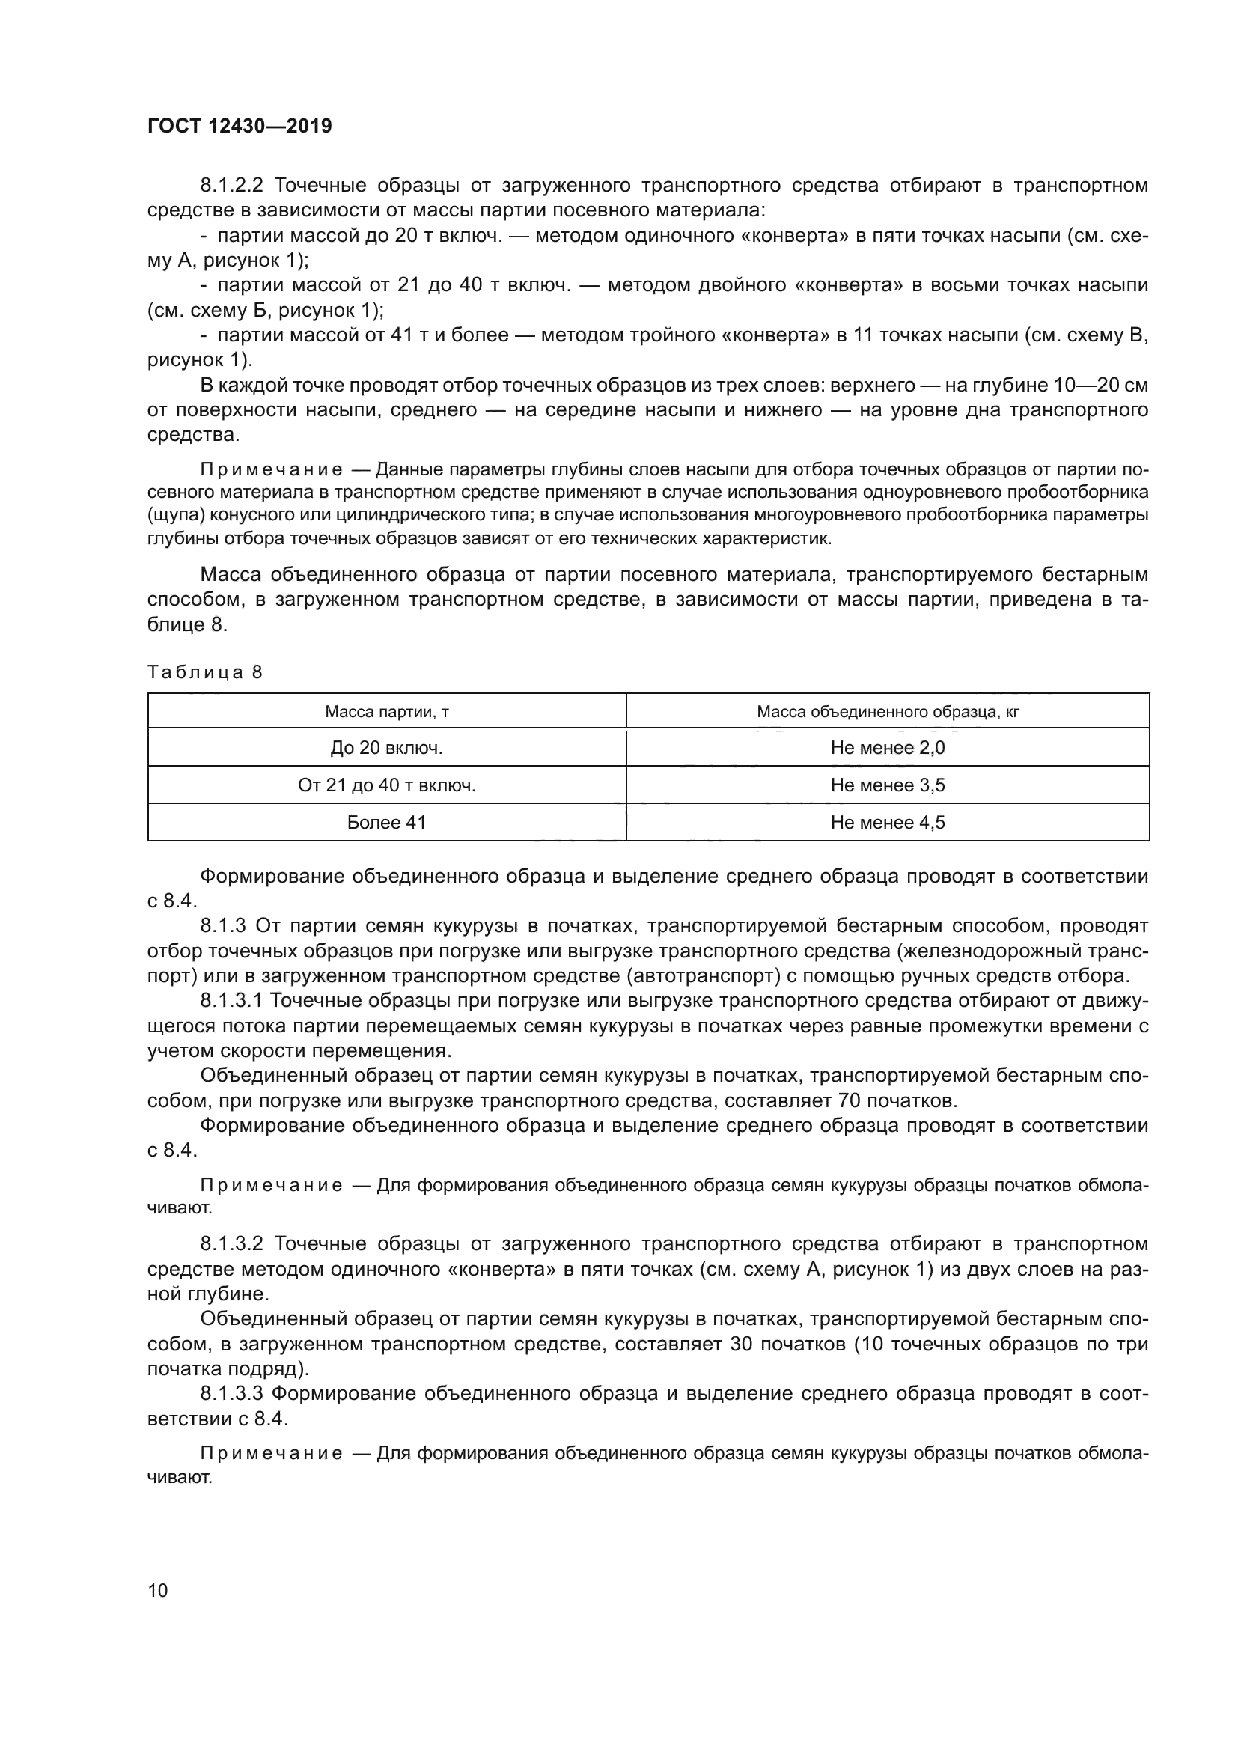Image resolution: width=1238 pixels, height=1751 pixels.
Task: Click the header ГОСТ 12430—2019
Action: pos(240,126)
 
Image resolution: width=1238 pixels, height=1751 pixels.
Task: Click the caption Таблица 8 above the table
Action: pos(204,672)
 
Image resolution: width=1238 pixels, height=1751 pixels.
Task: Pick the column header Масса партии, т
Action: pos(386,712)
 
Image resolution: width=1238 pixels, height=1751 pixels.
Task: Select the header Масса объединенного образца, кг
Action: pos(888,712)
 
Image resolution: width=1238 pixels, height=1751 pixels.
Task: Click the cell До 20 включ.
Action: pos(386,748)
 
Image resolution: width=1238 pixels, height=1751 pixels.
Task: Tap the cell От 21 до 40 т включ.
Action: pos(386,785)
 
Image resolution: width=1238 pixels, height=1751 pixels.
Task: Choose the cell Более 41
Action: pos(386,822)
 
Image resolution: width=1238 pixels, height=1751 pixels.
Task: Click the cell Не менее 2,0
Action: pos(888,748)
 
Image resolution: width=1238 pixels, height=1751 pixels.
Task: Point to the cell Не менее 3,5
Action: pos(888,785)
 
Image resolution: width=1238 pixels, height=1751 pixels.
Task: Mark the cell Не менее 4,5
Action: pos(888,822)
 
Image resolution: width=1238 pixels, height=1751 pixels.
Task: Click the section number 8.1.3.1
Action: pos(231,1001)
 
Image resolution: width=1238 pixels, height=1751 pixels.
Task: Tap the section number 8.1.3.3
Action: pos(231,1393)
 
